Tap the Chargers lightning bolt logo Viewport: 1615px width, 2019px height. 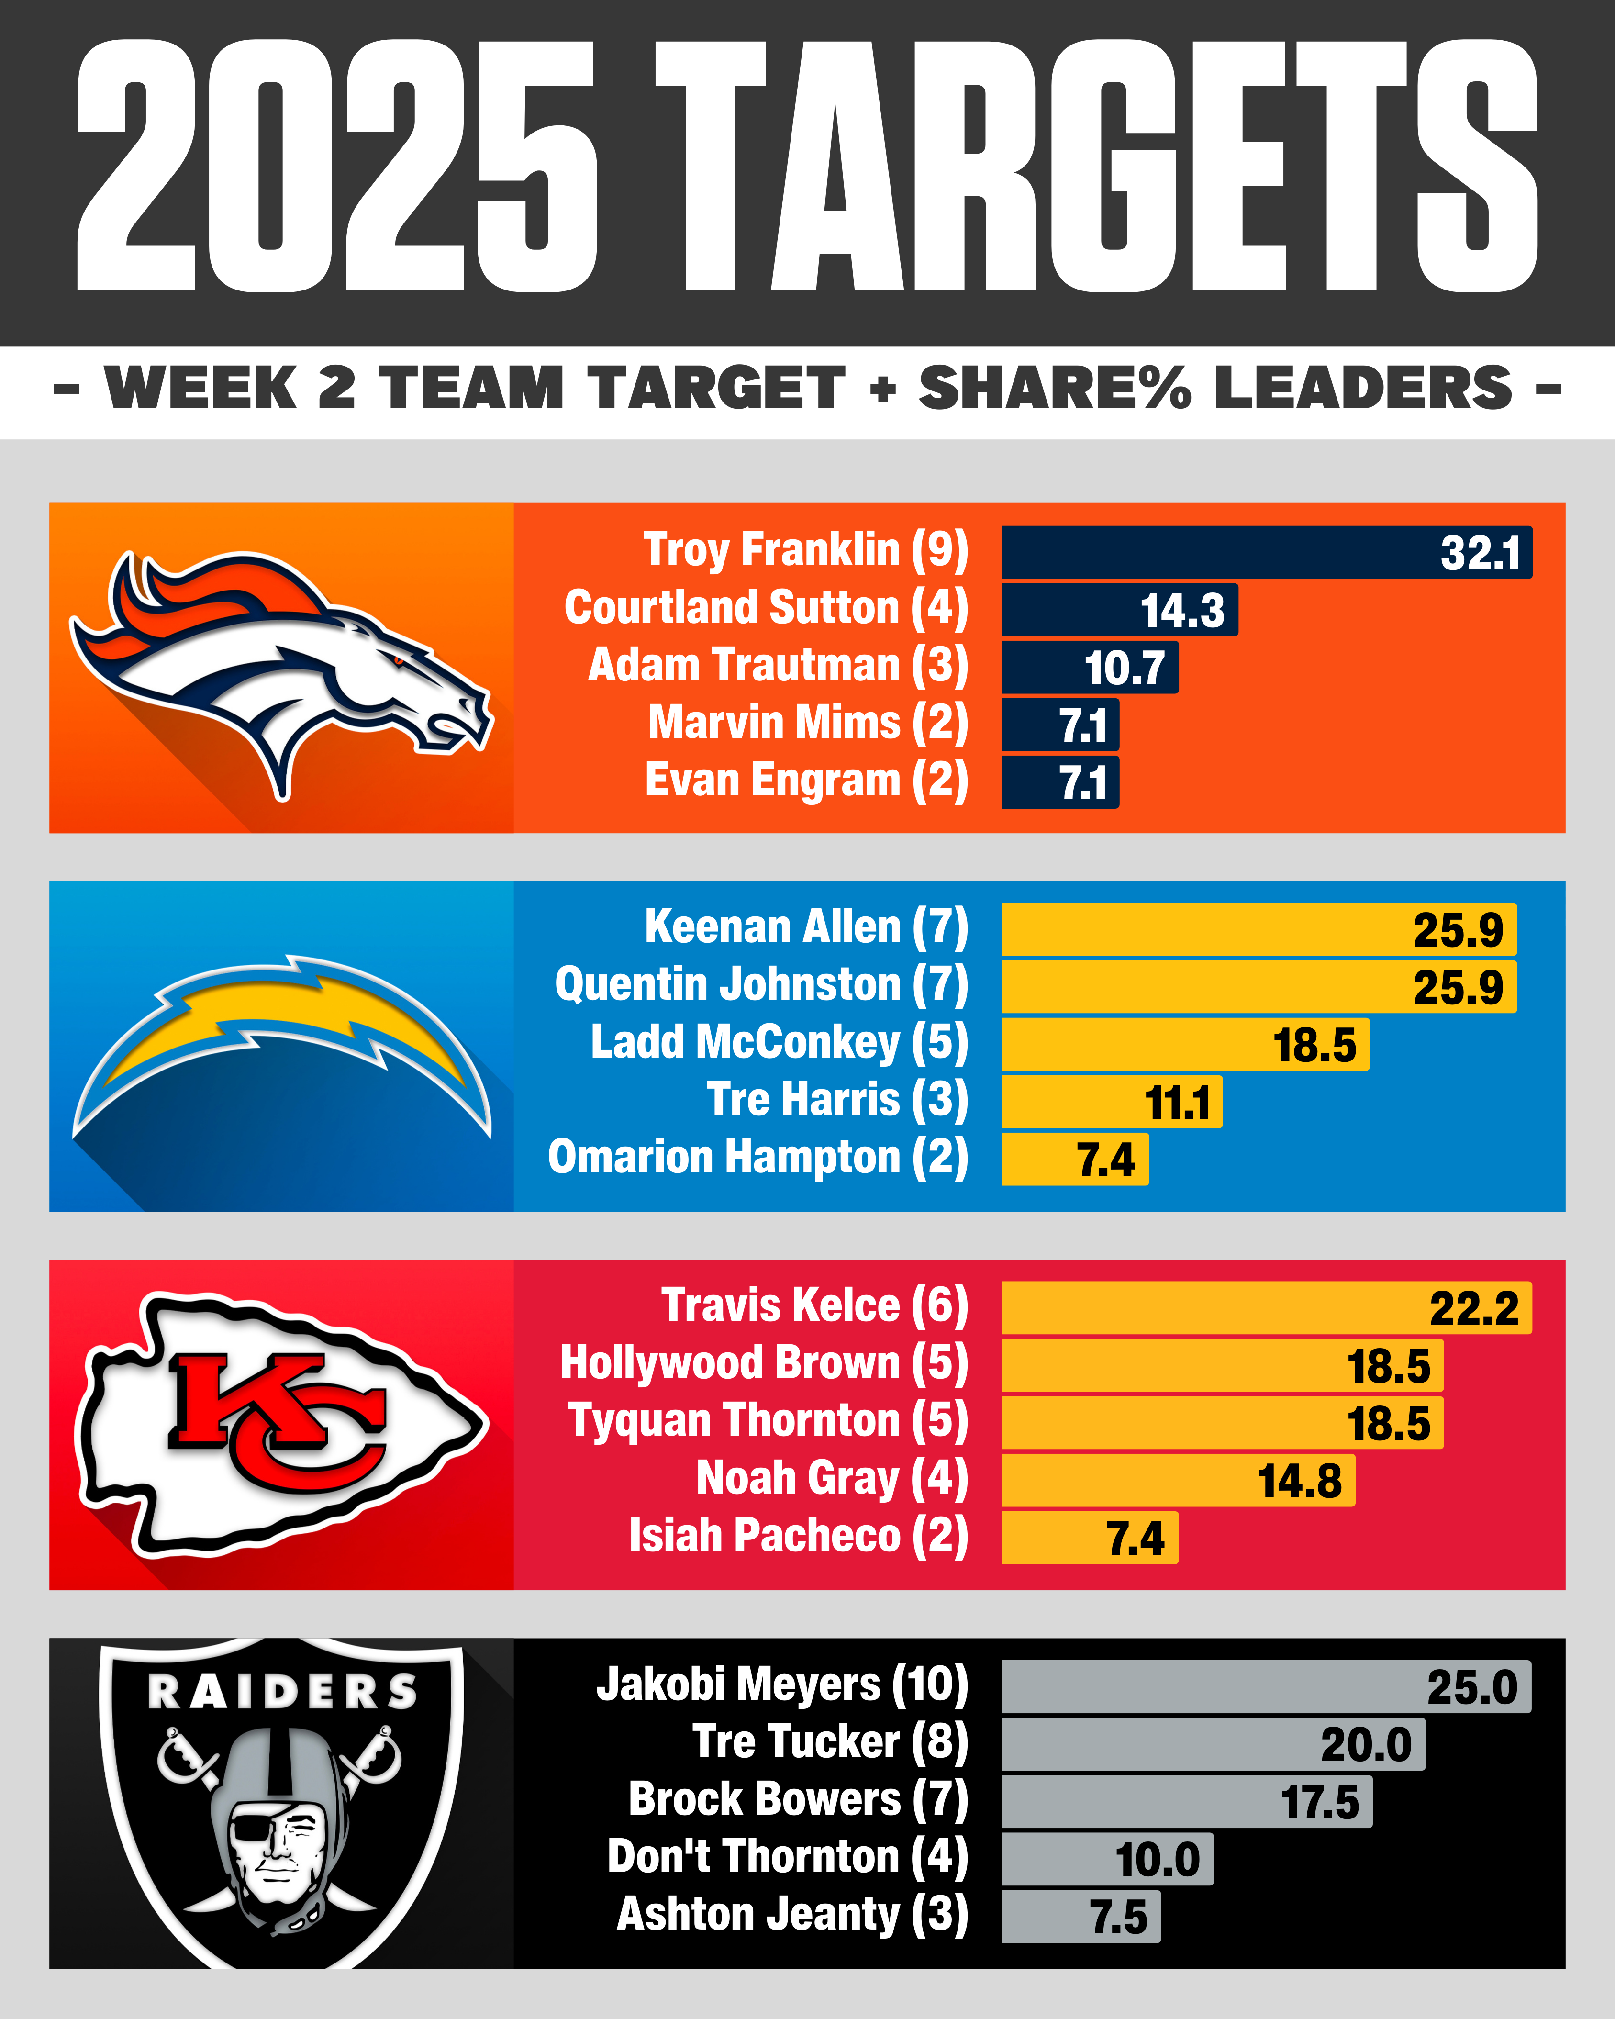pyautogui.click(x=281, y=1039)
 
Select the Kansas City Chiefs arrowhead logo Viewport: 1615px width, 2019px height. pyautogui.click(x=281, y=1423)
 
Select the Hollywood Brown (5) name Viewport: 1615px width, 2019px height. pyautogui.click(x=763, y=1363)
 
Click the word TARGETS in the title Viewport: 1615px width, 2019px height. pyautogui.click(x=1095, y=167)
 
